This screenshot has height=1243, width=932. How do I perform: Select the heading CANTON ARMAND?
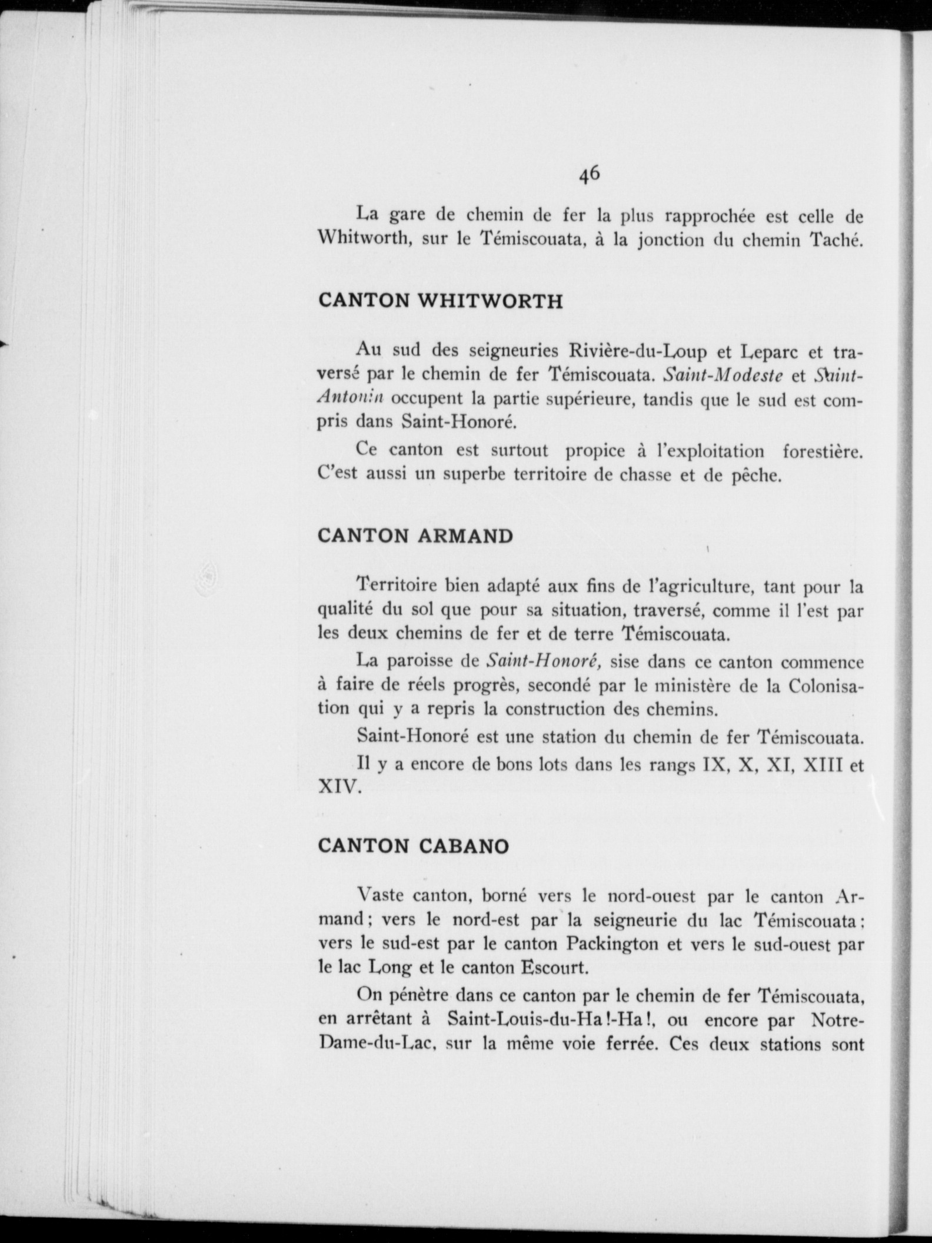[415, 536]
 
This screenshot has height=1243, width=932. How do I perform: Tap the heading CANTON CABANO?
[413, 846]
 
